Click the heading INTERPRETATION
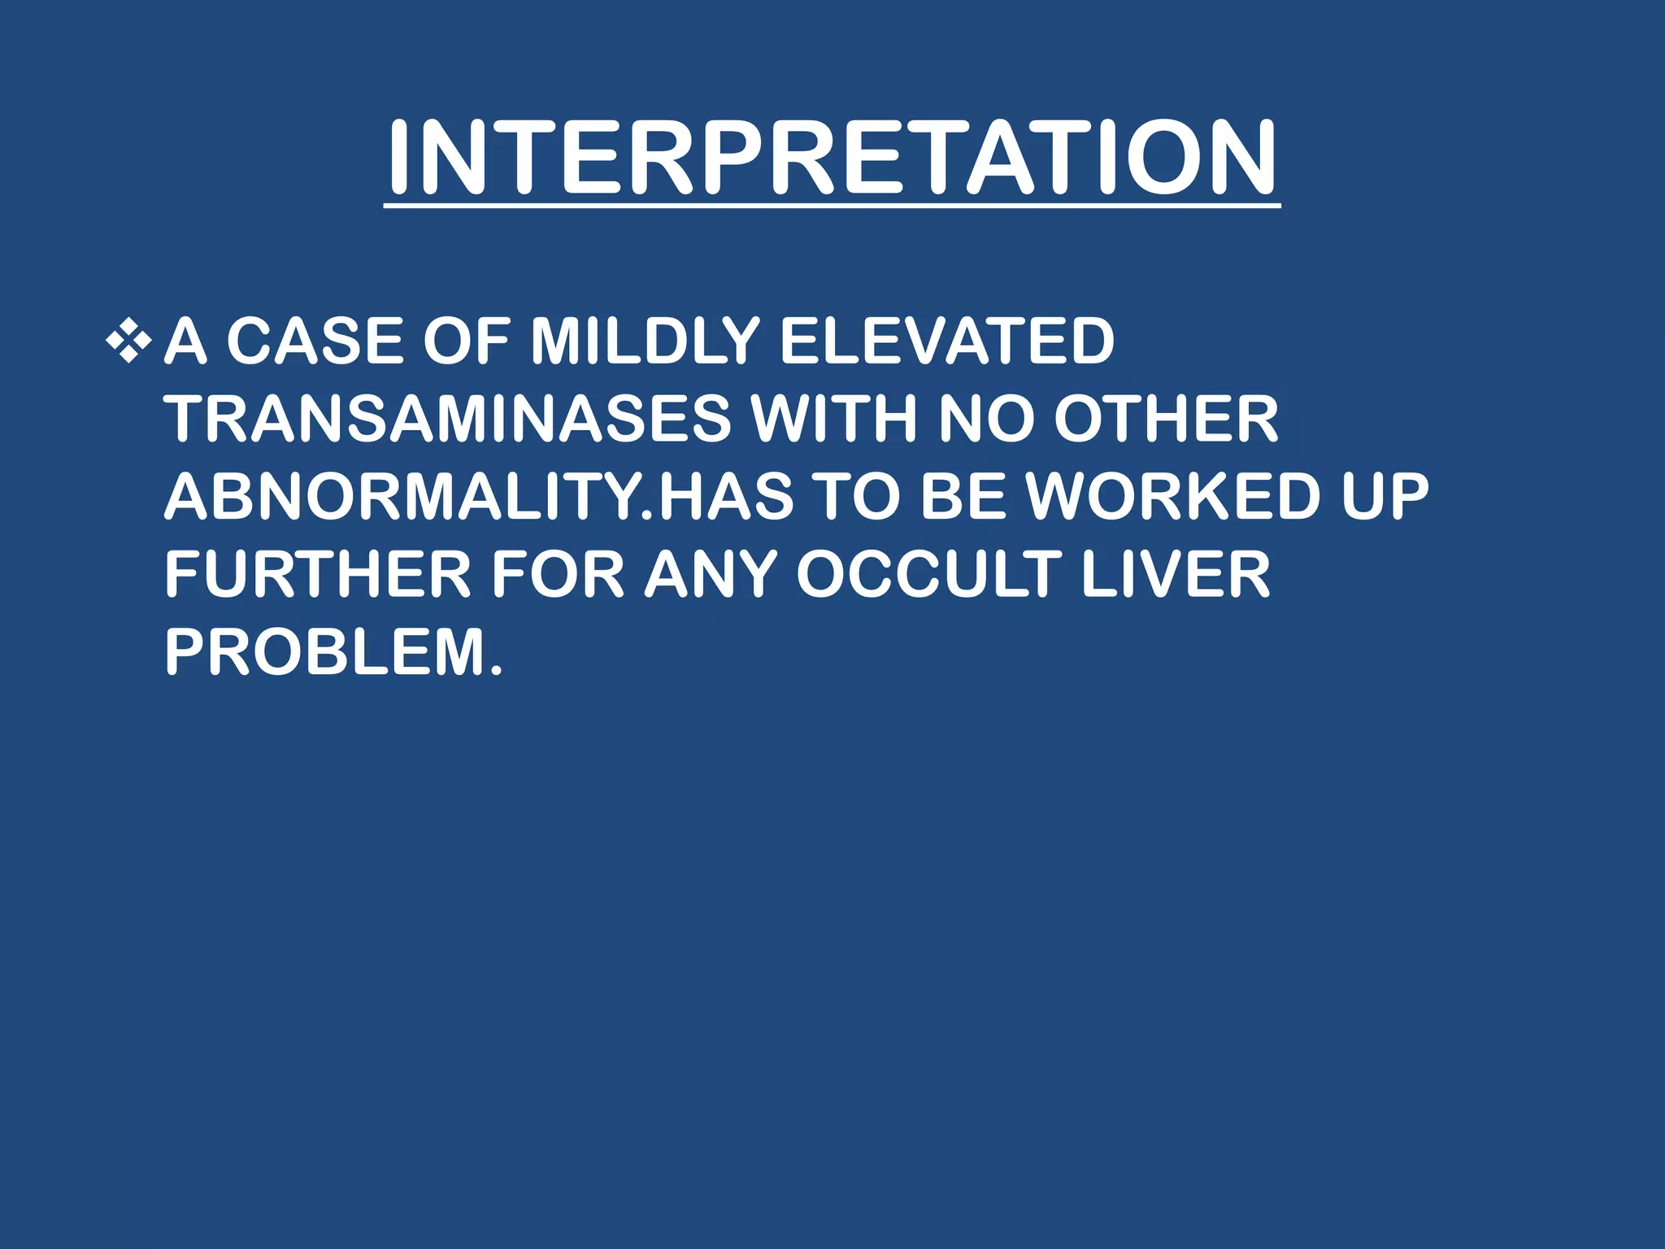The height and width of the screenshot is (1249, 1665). point(831,159)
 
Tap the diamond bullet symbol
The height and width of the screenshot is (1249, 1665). point(128,341)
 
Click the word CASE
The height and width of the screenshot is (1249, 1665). point(314,341)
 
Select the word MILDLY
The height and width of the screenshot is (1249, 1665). point(645,341)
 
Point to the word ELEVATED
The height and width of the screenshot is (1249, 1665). point(946,341)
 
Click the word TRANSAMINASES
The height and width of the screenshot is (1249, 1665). point(448,419)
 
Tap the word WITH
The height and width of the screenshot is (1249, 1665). point(835,419)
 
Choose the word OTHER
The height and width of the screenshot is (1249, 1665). point(1166,419)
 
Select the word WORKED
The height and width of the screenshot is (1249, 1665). point(1172,497)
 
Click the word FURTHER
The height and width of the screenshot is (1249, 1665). point(318,575)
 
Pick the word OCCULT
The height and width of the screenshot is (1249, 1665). point(929,575)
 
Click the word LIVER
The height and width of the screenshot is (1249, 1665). point(1176,575)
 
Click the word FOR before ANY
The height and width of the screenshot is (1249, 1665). point(558,575)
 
